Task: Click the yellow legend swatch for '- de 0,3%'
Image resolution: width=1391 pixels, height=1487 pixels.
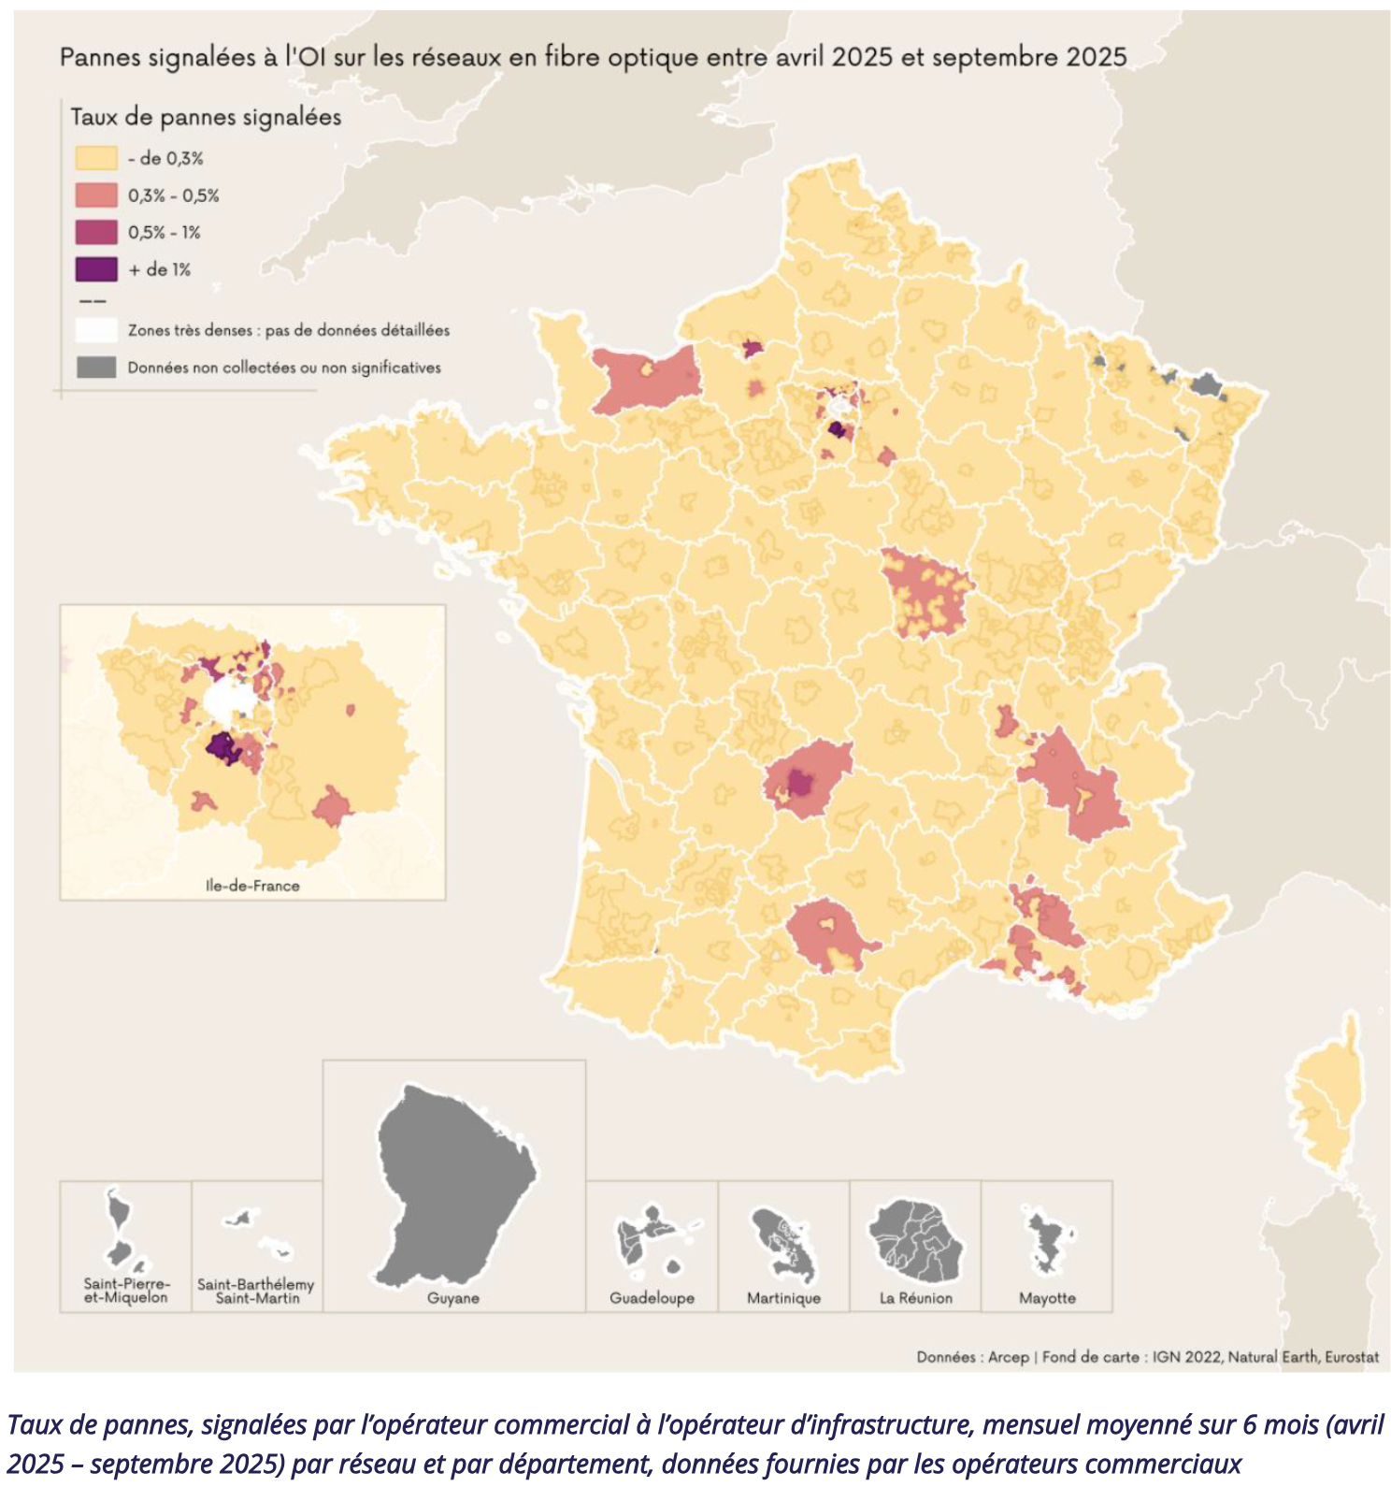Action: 96,158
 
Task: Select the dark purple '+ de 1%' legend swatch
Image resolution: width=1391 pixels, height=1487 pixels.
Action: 96,269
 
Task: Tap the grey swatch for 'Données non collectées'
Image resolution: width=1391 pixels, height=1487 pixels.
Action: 96,368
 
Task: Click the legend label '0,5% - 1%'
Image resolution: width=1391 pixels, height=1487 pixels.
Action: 165,233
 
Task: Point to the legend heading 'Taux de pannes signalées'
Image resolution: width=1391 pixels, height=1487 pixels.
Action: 206,118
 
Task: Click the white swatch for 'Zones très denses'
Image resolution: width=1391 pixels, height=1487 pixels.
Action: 96,330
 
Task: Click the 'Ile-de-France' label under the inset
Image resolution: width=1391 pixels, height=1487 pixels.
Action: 252,886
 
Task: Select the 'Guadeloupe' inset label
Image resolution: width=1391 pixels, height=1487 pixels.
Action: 652,1298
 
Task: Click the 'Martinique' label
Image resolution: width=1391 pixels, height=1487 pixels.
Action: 783,1298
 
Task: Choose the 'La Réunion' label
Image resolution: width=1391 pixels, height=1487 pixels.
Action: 915,1298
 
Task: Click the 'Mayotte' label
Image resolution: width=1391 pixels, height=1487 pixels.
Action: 1047,1298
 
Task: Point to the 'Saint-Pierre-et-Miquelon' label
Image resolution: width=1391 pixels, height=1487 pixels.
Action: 126,1291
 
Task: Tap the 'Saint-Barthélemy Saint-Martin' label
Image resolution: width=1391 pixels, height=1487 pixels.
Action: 256,1291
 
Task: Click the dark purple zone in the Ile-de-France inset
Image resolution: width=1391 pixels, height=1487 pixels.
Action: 222,748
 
